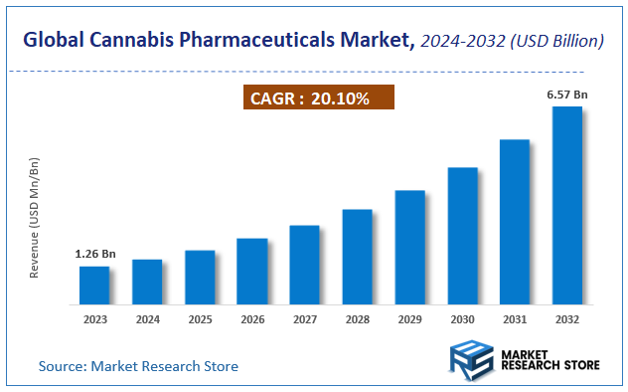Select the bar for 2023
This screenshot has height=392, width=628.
[94, 285]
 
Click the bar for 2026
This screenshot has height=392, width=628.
[252, 271]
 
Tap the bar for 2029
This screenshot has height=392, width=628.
[409, 247]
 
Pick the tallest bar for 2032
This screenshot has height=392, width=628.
[566, 205]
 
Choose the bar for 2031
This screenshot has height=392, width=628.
[514, 221]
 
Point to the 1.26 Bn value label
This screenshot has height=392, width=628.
[95, 255]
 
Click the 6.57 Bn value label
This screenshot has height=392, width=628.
[567, 95]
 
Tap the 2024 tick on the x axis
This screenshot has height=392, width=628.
[147, 320]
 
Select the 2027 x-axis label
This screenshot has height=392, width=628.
[304, 320]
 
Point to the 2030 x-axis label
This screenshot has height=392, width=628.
[462, 320]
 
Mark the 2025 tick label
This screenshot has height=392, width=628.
[200, 320]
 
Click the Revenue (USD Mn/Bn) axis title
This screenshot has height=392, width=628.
[34, 217]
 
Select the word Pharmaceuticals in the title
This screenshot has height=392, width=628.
[256, 41]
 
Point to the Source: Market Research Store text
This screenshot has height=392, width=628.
[138, 366]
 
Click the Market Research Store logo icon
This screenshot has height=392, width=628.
[471, 359]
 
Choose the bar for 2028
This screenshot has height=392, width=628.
[357, 256]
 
